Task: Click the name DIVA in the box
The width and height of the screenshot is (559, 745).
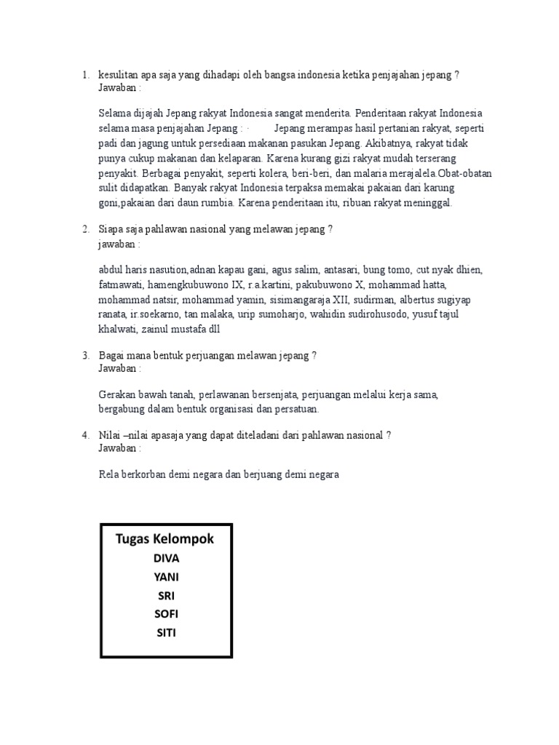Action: point(166,559)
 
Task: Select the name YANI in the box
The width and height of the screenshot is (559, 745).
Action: point(166,577)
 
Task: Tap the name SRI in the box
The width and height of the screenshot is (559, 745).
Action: point(166,596)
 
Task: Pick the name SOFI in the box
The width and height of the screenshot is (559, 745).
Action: point(166,614)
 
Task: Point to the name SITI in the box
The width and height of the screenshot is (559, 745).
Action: point(166,632)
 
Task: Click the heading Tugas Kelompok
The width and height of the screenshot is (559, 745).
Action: point(164,538)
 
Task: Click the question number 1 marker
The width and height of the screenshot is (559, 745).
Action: point(85,75)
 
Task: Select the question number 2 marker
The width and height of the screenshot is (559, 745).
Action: point(85,230)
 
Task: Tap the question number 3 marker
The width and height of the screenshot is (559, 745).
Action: point(85,356)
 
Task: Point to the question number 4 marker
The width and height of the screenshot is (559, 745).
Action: point(85,435)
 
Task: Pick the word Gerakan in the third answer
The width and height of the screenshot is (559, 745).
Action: point(117,395)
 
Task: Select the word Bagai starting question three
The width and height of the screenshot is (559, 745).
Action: point(112,356)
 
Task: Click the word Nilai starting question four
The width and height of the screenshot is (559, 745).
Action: point(110,435)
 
